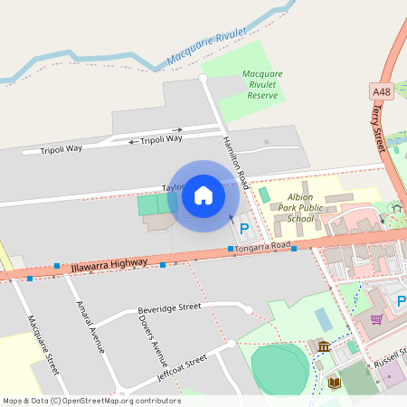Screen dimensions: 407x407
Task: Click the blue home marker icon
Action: (203, 194)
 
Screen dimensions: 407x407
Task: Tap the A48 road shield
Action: (381, 91)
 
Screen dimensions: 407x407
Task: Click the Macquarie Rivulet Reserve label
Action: (262, 84)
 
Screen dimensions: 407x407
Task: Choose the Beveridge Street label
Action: (169, 308)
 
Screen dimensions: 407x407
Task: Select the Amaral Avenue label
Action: (91, 326)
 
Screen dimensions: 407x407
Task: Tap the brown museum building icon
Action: (323, 346)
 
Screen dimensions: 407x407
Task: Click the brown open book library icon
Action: (334, 383)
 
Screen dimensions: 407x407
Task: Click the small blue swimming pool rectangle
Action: (323, 318)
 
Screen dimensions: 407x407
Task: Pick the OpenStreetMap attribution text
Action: (90, 400)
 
